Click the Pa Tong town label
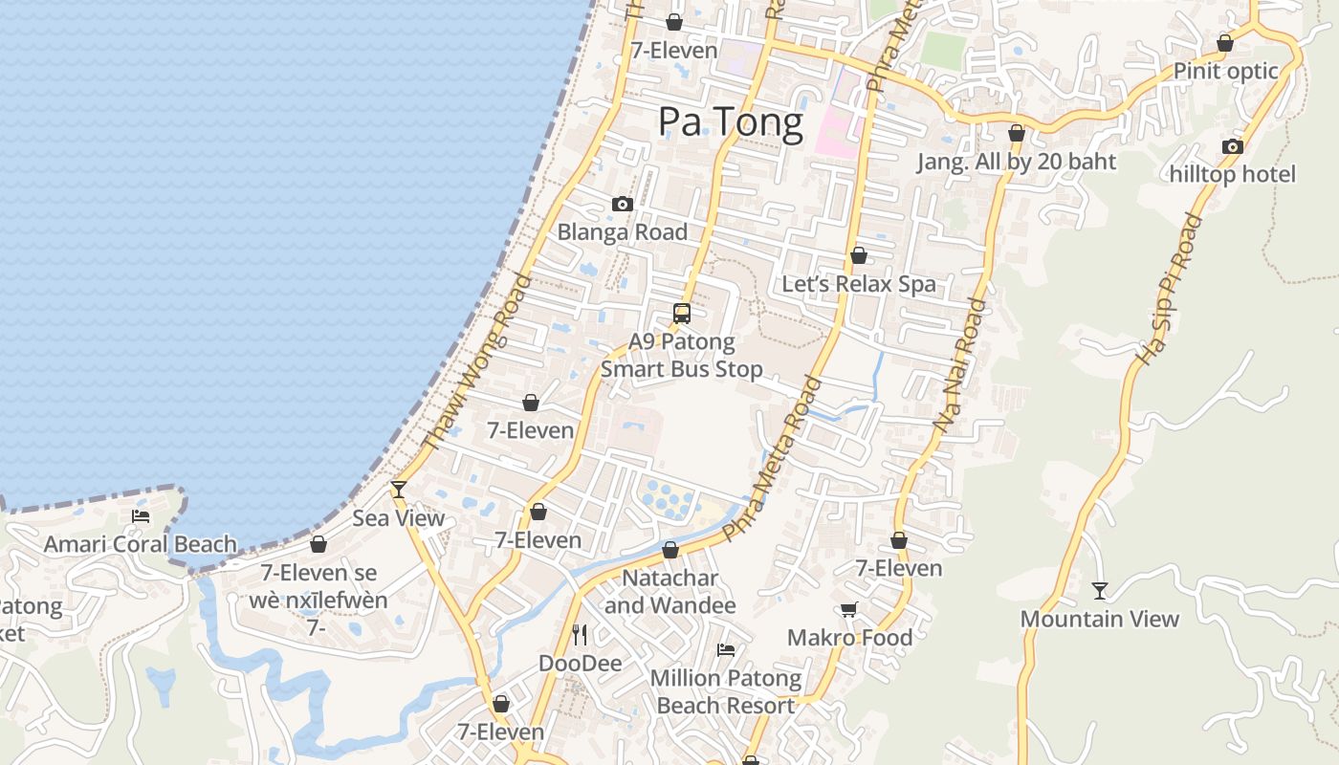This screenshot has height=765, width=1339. click(x=730, y=123)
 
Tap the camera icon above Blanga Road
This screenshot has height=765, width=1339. click(x=623, y=204)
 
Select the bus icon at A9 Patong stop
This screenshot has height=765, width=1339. click(x=682, y=313)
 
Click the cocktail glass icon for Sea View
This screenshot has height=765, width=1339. click(x=399, y=490)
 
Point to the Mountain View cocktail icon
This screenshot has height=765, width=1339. click(x=1100, y=591)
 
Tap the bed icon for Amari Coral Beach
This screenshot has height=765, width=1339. click(x=141, y=516)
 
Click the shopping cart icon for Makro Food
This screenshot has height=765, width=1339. click(x=848, y=609)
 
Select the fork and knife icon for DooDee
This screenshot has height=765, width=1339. click(x=580, y=634)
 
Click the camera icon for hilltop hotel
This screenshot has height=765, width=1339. click(x=1233, y=146)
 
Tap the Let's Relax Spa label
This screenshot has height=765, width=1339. click(x=859, y=284)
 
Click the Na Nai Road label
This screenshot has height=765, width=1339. click(x=962, y=364)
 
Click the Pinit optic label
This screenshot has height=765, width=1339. click(x=1225, y=71)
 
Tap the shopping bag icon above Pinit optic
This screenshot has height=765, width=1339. click(x=1225, y=43)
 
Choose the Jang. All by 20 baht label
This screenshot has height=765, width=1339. click(x=1017, y=162)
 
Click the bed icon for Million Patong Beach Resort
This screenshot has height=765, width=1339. click(x=726, y=650)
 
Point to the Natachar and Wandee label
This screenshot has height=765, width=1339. click(x=670, y=592)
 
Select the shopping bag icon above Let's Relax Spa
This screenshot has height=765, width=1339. click(x=859, y=255)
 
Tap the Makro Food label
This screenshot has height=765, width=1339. click(x=849, y=637)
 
